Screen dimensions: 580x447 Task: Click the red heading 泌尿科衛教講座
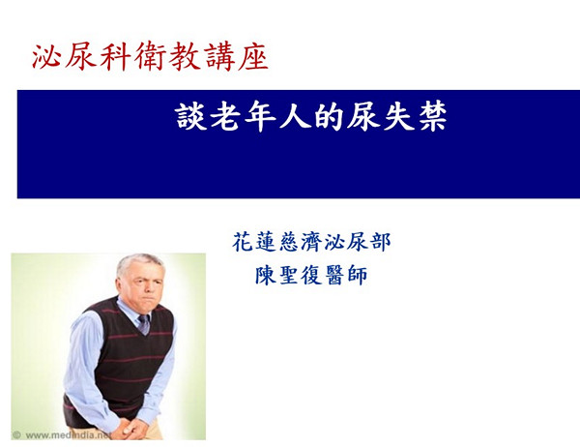pyautogui.click(x=150, y=57)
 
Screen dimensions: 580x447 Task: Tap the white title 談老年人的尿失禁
pyautogui.click(x=311, y=117)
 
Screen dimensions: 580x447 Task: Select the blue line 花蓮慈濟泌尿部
pyautogui.click(x=311, y=242)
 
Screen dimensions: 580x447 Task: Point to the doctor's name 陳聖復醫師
pyautogui.click(x=311, y=275)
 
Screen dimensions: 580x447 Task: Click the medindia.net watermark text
pyautogui.click(x=68, y=435)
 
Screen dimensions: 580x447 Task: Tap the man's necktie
pyautogui.click(x=144, y=324)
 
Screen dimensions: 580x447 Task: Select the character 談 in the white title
pyautogui.click(x=189, y=117)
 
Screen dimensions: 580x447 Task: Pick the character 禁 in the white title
pyautogui.click(x=432, y=117)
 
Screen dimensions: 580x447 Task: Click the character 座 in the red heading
pyautogui.click(x=253, y=57)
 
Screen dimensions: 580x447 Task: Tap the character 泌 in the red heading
pyautogui.click(x=45, y=57)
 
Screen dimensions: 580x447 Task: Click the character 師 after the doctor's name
pyautogui.click(x=358, y=275)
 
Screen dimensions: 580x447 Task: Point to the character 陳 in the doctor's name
pyautogui.click(x=266, y=275)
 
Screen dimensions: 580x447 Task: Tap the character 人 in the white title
pyautogui.click(x=295, y=117)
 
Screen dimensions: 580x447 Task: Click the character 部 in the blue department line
pyautogui.click(x=380, y=242)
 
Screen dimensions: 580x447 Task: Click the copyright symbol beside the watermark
pyautogui.click(x=16, y=435)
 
